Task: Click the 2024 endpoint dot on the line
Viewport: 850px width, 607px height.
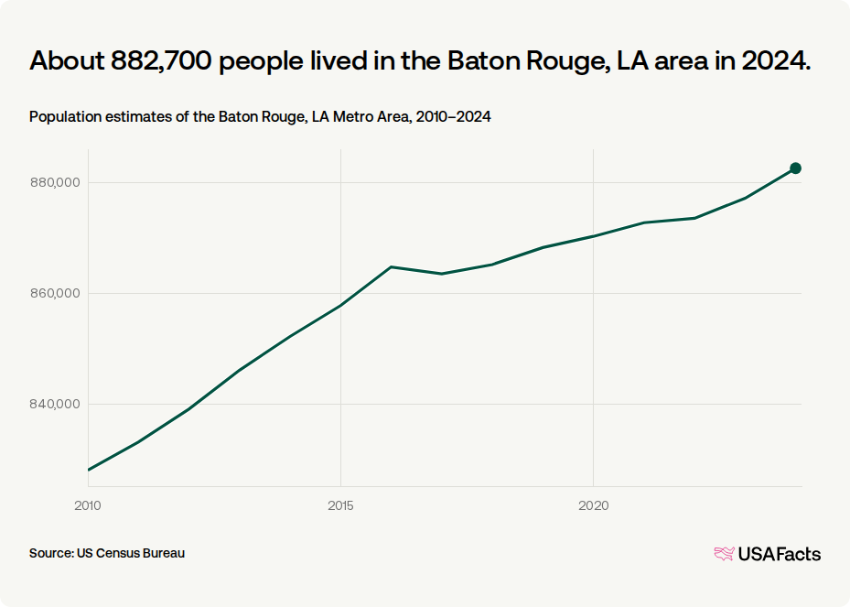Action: (x=795, y=168)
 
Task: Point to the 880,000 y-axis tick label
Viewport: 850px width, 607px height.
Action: (x=55, y=183)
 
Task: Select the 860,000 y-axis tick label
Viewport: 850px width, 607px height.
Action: (x=55, y=294)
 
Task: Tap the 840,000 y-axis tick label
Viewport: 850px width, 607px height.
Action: (x=55, y=404)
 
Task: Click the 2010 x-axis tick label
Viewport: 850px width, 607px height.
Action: (x=88, y=505)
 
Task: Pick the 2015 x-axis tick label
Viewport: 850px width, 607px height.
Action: (x=340, y=505)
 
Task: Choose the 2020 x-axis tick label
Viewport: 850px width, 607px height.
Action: (x=594, y=505)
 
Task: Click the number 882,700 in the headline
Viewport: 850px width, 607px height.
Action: (x=161, y=60)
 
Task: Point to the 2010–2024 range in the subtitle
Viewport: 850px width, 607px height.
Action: (x=453, y=116)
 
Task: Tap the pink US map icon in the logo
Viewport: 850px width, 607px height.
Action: (x=725, y=554)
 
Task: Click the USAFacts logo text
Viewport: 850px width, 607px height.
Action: (x=780, y=554)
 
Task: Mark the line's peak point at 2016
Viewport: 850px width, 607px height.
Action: (x=392, y=267)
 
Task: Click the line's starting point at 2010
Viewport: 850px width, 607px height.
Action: (x=89, y=470)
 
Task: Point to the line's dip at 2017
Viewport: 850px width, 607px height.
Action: (x=442, y=274)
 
